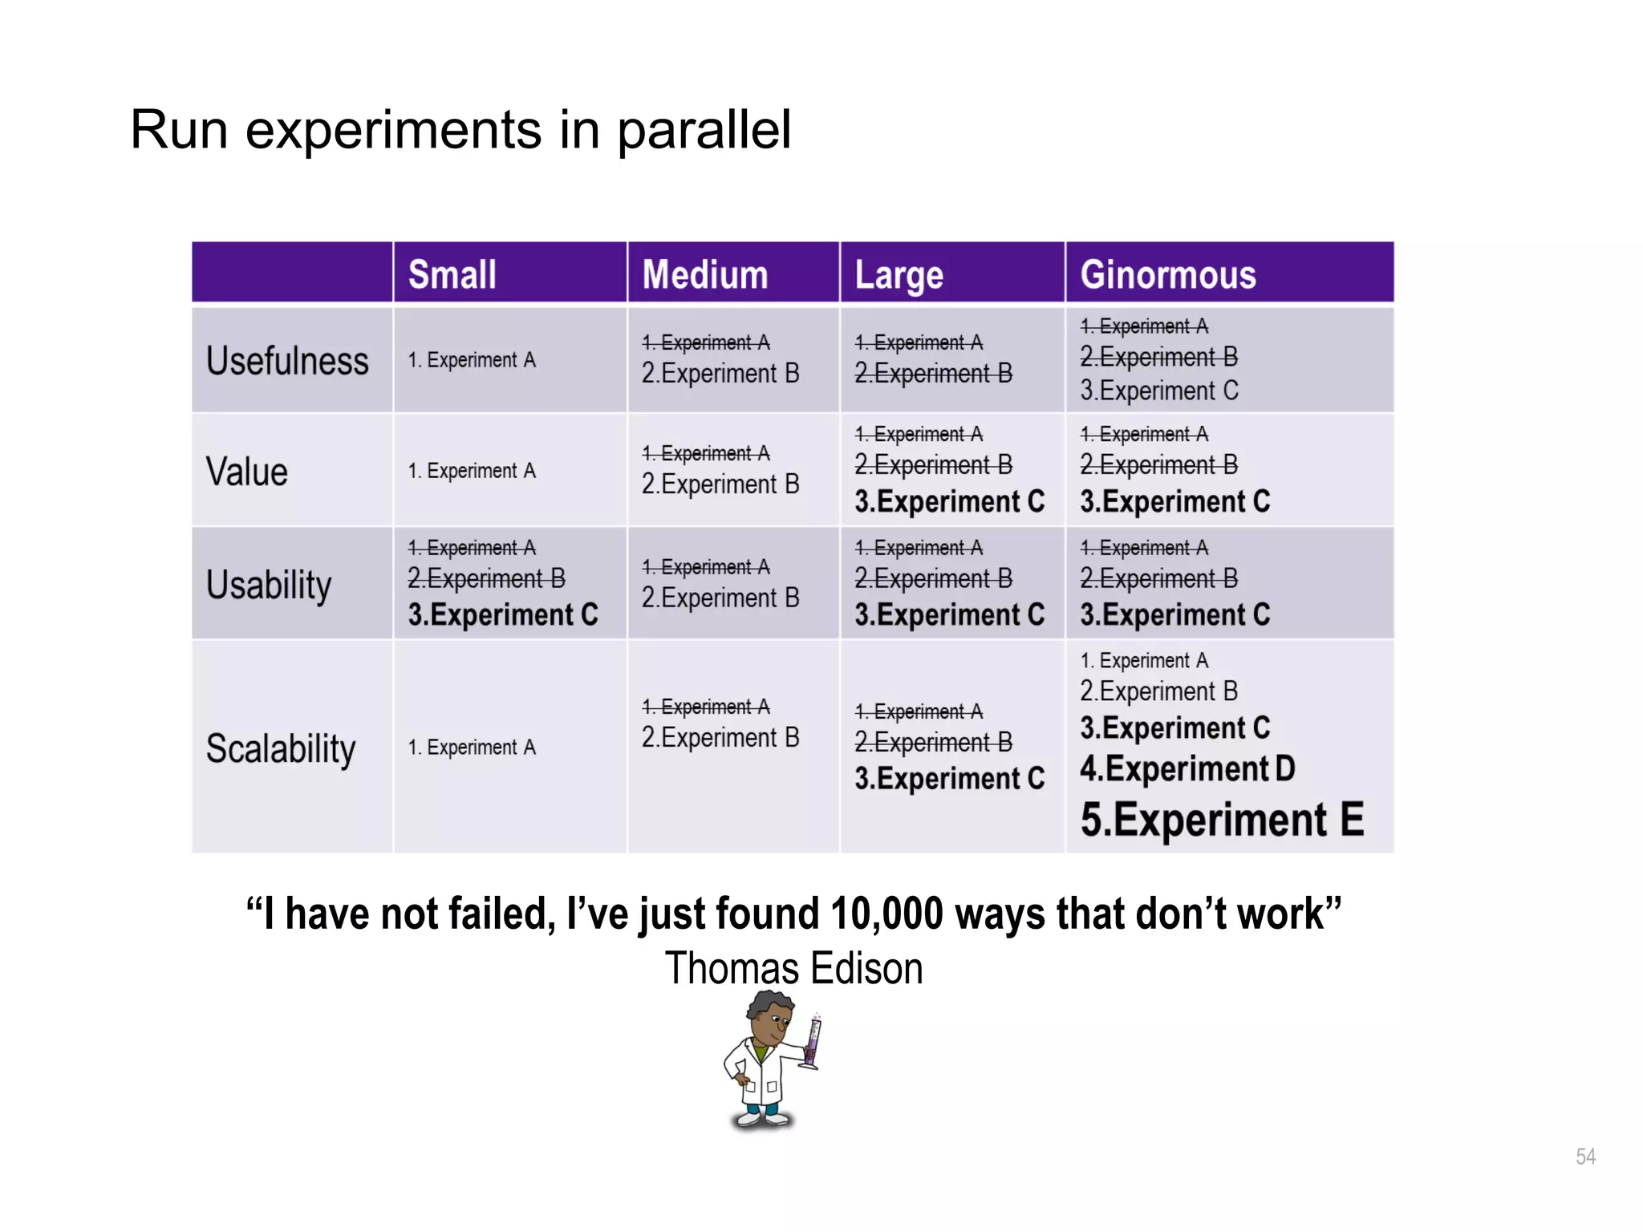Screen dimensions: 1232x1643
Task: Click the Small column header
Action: (x=452, y=274)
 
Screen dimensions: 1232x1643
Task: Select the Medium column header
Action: (x=705, y=274)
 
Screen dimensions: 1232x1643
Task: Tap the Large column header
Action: (x=899, y=275)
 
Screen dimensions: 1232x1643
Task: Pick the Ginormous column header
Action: (x=1167, y=274)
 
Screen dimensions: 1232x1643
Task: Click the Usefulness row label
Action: (x=287, y=361)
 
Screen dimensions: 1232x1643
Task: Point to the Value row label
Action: (x=246, y=472)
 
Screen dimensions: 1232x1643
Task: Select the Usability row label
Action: (x=269, y=585)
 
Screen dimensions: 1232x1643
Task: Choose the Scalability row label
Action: (x=281, y=748)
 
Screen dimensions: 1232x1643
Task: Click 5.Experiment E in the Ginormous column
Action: (x=1221, y=820)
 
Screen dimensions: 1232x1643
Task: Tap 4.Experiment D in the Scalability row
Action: (x=1187, y=768)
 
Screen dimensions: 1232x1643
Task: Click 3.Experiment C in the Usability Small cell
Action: (x=503, y=615)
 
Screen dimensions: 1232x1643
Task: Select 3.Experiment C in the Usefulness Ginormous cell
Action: (x=1158, y=391)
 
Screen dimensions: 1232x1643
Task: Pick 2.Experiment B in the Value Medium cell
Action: (x=720, y=484)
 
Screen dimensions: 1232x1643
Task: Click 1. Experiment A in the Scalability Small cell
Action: (x=472, y=748)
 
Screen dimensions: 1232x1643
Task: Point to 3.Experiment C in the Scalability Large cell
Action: (x=949, y=779)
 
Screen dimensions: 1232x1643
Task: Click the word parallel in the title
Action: (x=704, y=130)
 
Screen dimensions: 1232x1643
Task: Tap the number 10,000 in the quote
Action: (x=886, y=914)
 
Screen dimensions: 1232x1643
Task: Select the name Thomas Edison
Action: (x=793, y=968)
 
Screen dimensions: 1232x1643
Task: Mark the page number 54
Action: (x=1585, y=1157)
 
